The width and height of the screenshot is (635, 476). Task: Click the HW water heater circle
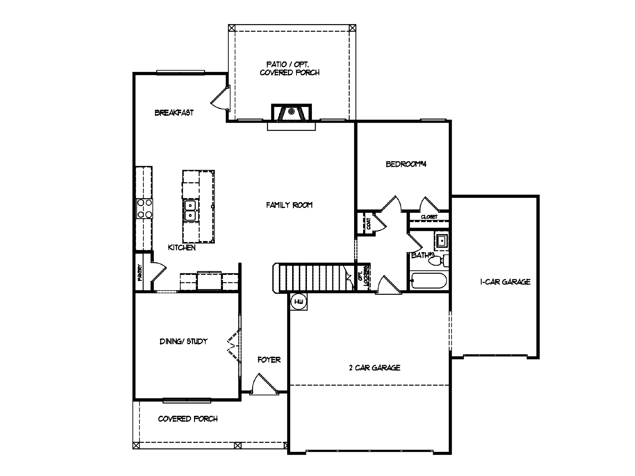tap(299, 302)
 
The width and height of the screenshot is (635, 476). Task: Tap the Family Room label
tap(289, 205)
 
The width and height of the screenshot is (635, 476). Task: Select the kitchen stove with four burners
tap(144, 209)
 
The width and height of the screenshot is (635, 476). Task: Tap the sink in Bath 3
tap(441, 240)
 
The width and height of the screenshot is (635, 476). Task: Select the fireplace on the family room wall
tap(291, 114)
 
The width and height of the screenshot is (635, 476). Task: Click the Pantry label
tap(140, 272)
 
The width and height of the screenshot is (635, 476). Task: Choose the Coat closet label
tap(368, 223)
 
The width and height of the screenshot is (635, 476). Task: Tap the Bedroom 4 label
tap(406, 164)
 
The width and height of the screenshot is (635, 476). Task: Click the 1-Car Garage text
tap(505, 282)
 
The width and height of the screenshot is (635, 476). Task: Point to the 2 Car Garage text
tap(375, 368)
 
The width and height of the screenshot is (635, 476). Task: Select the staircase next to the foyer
tap(313, 277)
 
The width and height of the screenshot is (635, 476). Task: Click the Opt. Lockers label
tap(363, 277)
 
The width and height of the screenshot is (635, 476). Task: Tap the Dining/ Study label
tap(183, 341)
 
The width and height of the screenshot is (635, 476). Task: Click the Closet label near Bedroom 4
tap(429, 217)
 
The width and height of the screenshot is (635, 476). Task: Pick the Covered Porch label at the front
tap(188, 419)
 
